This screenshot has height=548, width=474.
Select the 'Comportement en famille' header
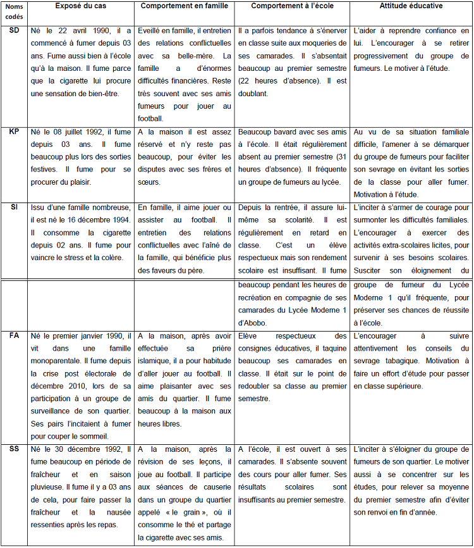(184, 6)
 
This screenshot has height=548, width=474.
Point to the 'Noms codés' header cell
(13, 11)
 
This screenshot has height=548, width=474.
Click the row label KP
(13, 132)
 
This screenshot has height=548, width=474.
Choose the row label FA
(13, 335)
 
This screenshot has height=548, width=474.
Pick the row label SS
(13, 449)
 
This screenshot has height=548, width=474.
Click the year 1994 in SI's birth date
(117, 220)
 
